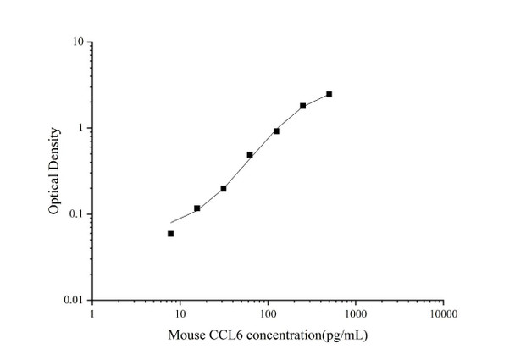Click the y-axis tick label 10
pos(76,42)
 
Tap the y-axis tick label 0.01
pos(73,301)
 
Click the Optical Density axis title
pos(54,171)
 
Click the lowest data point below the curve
pos(171,234)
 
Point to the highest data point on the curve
pos(329,94)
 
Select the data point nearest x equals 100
pos(276,131)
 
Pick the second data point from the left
pos(197,208)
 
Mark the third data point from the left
pos(224,188)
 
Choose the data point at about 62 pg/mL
pos(250,155)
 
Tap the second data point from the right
pos(302,106)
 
